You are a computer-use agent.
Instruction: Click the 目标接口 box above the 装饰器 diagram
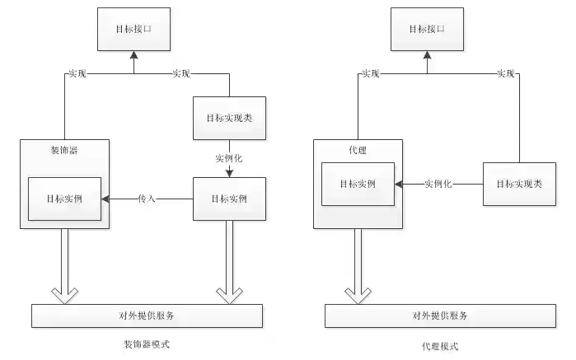pyautogui.click(x=133, y=28)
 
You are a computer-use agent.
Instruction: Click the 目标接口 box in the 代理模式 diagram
pyautogui.click(x=427, y=28)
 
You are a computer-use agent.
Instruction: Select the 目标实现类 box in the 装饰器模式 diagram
pyautogui.click(x=229, y=119)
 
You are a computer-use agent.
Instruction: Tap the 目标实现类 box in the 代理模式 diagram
pyautogui.click(x=519, y=184)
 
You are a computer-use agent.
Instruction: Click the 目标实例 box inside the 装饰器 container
pyautogui.click(x=65, y=199)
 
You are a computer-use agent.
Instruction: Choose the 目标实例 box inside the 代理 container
pyautogui.click(x=358, y=184)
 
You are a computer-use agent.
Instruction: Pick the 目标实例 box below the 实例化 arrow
pyautogui.click(x=229, y=199)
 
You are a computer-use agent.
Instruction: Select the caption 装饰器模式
pyautogui.click(x=146, y=343)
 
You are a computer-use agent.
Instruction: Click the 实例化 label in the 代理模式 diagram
pyautogui.click(x=438, y=184)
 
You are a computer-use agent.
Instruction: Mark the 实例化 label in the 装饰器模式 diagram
pyautogui.click(x=229, y=157)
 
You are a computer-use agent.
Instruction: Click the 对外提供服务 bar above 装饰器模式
pyautogui.click(x=147, y=316)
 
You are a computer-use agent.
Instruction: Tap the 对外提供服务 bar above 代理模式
pyautogui.click(x=440, y=316)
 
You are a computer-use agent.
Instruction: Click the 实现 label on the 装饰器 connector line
pyautogui.click(x=75, y=74)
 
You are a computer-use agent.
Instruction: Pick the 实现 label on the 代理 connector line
pyautogui.click(x=370, y=74)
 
